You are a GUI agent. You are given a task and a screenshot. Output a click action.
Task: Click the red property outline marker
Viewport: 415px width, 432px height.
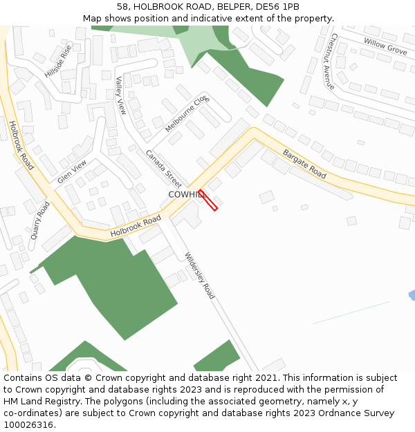pos(208,200)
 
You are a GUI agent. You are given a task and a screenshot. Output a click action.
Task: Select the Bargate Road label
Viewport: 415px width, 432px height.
pos(304,163)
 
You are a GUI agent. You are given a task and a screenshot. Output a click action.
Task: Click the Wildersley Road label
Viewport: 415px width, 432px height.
pos(199,276)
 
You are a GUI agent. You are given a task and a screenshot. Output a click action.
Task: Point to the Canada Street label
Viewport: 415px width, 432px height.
pos(163,169)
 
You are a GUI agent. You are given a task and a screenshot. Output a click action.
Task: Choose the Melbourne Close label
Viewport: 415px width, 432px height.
pos(186,115)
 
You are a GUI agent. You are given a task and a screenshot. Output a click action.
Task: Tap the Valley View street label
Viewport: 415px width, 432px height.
pos(121,95)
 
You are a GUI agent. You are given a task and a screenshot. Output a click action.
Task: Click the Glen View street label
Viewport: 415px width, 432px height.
pos(73,171)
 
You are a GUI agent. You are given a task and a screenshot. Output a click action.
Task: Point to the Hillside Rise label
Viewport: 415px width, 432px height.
pos(58,61)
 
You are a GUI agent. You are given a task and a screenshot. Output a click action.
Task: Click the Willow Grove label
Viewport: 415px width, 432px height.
pos(385,47)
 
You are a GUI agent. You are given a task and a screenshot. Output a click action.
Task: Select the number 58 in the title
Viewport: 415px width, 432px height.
pos(122,7)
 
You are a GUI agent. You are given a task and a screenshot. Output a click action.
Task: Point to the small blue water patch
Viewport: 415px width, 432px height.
pos(412,295)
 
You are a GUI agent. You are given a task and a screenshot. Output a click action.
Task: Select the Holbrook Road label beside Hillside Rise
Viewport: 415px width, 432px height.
pos(21,145)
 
